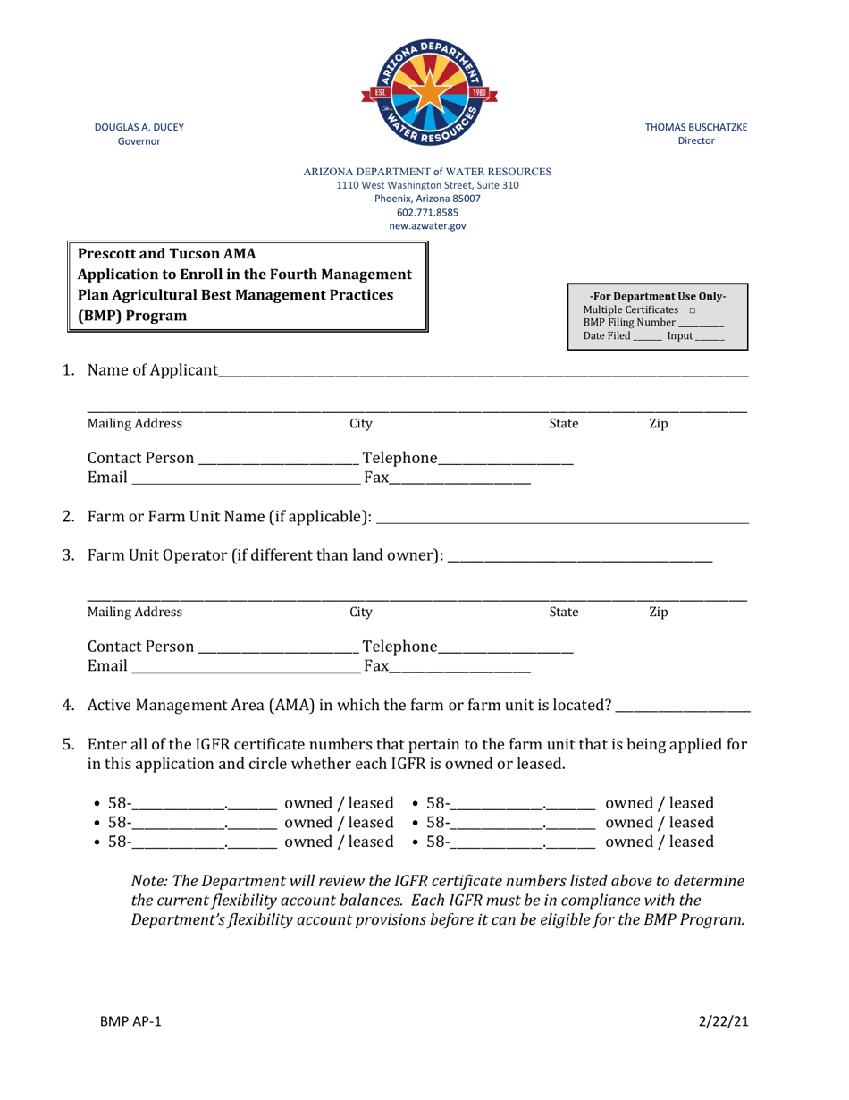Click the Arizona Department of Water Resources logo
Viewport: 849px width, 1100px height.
427,88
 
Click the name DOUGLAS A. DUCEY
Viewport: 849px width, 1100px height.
139,127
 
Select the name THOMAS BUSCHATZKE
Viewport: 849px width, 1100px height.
696,127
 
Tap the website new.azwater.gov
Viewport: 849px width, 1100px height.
427,227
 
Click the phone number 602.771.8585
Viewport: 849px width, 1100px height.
427,213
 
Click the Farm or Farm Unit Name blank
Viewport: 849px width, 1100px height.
563,518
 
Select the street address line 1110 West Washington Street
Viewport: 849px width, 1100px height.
427,185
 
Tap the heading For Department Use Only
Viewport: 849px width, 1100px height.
658,296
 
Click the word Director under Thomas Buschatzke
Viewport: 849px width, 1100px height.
696,141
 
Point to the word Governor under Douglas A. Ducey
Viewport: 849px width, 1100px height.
139,141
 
